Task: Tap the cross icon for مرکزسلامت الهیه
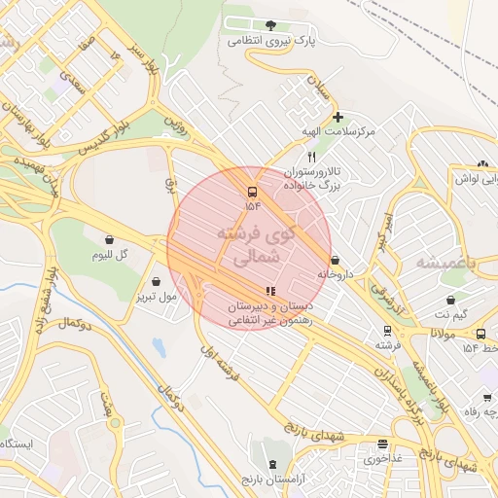coord(338,117)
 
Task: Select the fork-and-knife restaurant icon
coord(311,156)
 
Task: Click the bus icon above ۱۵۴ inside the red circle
coord(253,192)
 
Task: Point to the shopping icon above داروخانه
coord(336,260)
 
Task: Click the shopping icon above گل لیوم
coord(109,239)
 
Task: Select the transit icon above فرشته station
coord(386,331)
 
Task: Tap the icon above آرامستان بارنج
coord(271,465)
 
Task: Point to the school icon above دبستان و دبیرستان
coord(269,290)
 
